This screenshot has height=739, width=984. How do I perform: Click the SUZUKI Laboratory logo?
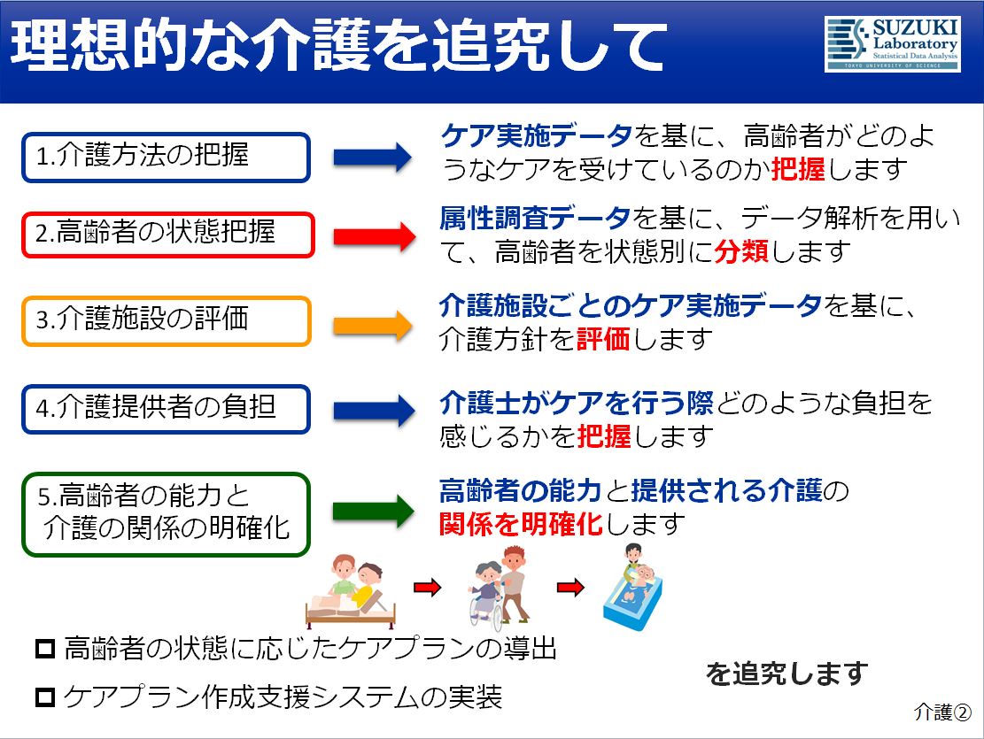point(893,44)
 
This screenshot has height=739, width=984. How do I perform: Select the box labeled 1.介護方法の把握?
point(167,157)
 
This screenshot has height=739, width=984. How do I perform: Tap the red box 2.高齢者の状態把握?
point(167,235)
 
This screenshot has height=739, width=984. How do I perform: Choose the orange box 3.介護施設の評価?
point(167,321)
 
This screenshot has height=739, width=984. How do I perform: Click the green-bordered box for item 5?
point(167,514)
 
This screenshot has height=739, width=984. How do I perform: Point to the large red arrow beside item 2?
point(375,236)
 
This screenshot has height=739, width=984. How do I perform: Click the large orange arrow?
point(374,325)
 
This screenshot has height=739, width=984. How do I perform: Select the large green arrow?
point(374,510)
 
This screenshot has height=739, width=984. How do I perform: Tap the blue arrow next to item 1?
point(373,157)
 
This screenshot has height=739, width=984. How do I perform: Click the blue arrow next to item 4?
point(375,411)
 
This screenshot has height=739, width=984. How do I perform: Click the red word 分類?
point(741,251)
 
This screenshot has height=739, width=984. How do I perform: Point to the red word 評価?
point(602,339)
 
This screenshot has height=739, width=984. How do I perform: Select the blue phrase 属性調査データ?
point(535,218)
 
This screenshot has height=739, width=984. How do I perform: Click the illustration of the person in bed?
point(350,591)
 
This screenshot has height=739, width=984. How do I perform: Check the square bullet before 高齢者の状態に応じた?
point(45,648)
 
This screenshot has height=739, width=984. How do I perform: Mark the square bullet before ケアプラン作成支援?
point(45,697)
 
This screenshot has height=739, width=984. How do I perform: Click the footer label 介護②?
point(942,712)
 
